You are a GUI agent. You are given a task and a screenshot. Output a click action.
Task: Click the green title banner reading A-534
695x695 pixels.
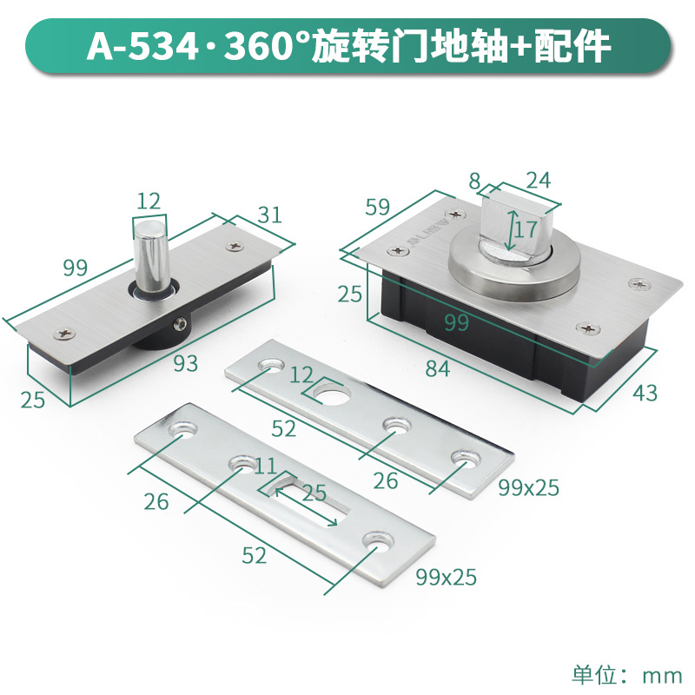(x=348, y=46)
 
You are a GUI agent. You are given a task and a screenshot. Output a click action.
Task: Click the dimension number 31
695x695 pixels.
(x=270, y=215)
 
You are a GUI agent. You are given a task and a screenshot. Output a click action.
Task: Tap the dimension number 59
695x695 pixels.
(x=378, y=207)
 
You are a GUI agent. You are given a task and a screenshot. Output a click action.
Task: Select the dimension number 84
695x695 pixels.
(x=438, y=368)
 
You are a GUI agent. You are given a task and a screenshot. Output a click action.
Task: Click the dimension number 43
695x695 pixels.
(x=645, y=393)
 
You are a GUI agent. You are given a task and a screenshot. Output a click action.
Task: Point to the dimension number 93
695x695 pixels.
(x=185, y=363)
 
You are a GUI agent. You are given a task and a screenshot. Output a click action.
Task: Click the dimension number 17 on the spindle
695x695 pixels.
(x=526, y=229)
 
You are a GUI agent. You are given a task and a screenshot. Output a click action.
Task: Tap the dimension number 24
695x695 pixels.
(x=538, y=181)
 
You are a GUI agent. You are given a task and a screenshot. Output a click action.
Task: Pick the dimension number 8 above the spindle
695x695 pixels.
(x=474, y=181)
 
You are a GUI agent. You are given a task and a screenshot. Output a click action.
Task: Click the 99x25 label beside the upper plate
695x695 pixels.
(x=528, y=487)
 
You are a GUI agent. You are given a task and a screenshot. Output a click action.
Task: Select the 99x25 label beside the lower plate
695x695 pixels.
(x=446, y=577)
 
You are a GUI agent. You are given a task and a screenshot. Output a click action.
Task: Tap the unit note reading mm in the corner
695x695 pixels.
(x=662, y=676)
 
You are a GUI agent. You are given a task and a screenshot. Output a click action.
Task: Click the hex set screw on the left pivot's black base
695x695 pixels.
(x=181, y=324)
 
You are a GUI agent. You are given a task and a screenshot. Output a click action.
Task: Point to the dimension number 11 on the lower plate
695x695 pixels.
(x=266, y=466)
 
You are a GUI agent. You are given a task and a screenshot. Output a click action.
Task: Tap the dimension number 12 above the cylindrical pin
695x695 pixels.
(x=149, y=202)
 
